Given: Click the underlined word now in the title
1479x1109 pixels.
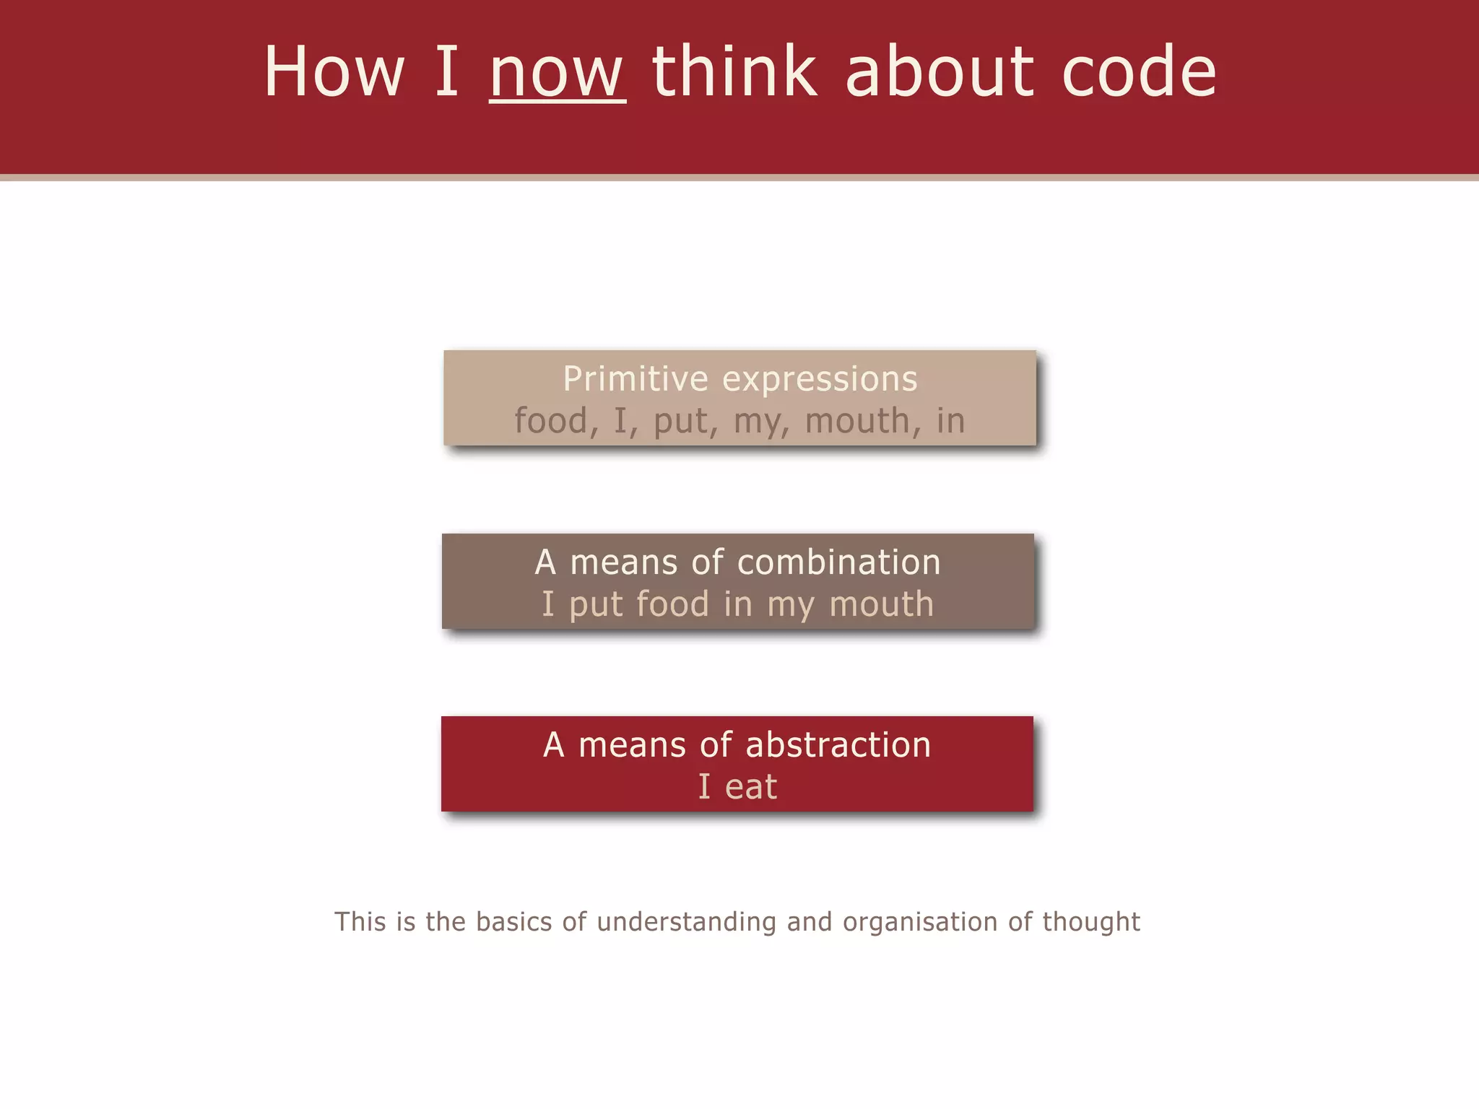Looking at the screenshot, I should [x=557, y=73].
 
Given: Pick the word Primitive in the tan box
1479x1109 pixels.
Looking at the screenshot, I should [x=636, y=379].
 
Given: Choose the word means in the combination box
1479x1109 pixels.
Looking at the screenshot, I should [x=623, y=563].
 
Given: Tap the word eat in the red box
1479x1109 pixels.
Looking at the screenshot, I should [x=751, y=787].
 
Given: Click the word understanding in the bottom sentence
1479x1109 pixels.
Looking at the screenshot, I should [x=686, y=922].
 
